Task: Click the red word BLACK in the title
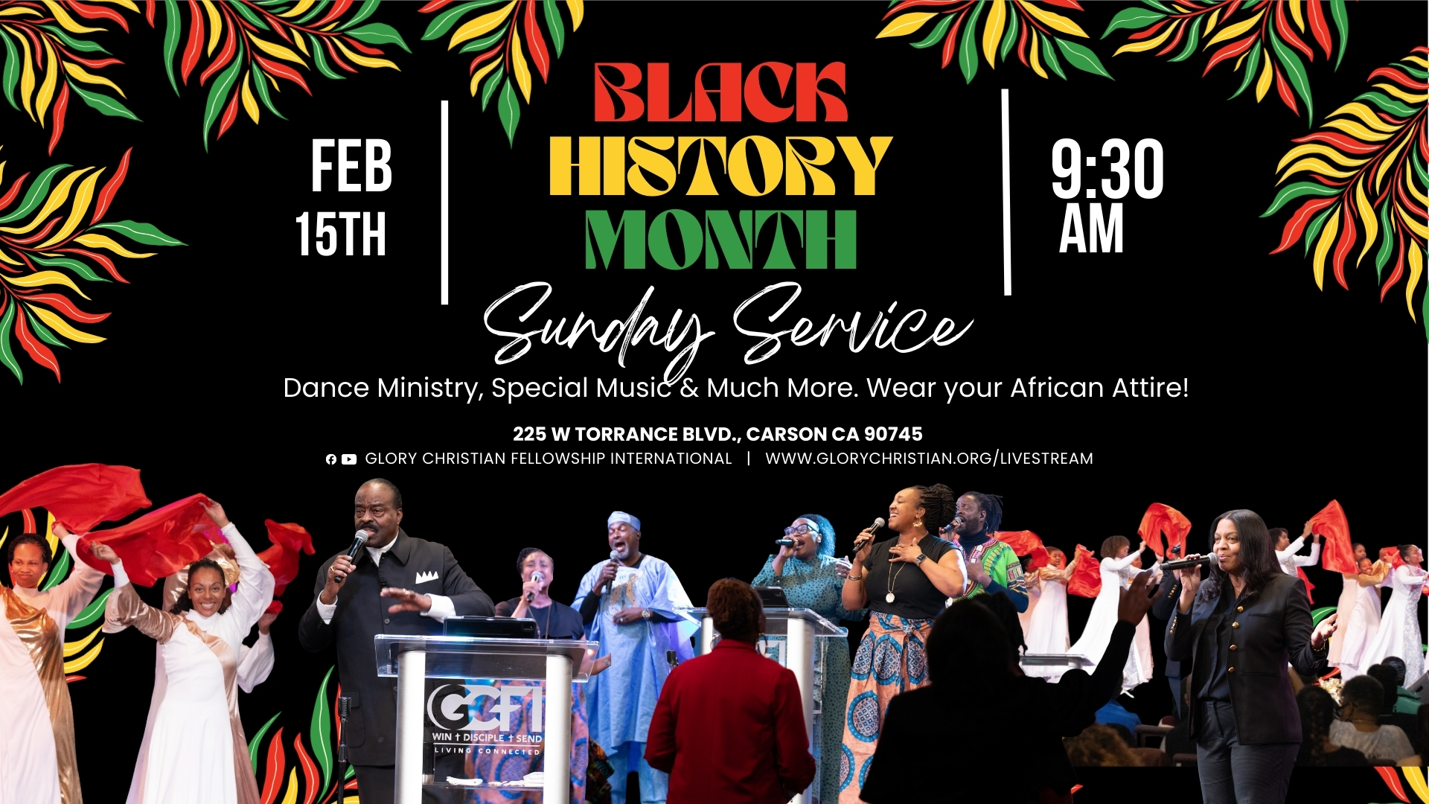click(720, 92)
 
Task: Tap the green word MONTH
click(720, 239)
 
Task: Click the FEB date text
click(351, 166)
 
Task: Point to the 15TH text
click(341, 234)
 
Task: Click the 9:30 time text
click(1107, 169)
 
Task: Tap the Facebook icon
click(331, 459)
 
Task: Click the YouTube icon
click(349, 459)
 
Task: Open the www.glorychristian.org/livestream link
click(929, 459)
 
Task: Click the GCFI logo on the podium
click(485, 708)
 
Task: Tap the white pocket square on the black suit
click(426, 577)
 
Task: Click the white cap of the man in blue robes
click(624, 520)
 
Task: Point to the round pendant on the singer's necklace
click(890, 596)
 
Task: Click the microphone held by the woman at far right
click(1189, 562)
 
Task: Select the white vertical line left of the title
click(444, 202)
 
